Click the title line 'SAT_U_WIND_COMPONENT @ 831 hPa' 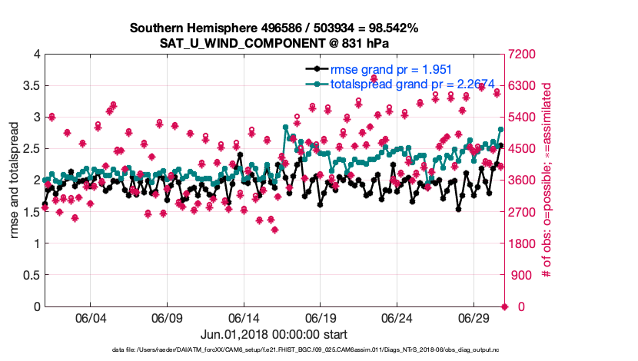click(x=274, y=43)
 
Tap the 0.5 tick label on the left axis click(x=28, y=275)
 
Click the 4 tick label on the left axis click(x=35, y=54)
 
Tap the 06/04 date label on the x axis click(x=90, y=318)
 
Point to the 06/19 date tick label click(x=321, y=318)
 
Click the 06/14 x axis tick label click(x=244, y=318)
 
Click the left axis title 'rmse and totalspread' click(x=15, y=180)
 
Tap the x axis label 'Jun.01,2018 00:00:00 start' click(x=274, y=334)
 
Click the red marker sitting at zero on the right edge click(x=504, y=306)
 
